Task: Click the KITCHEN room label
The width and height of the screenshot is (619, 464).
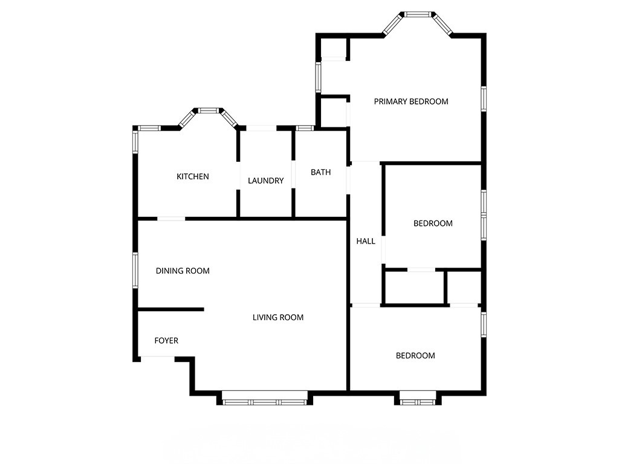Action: [x=192, y=176]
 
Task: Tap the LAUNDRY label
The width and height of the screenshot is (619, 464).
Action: [x=265, y=181]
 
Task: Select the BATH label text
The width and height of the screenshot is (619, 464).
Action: [x=320, y=172]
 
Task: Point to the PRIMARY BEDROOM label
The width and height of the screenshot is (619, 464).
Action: [x=411, y=101]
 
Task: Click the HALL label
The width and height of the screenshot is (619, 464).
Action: [x=366, y=241]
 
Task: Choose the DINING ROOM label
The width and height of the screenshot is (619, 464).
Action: [x=183, y=271]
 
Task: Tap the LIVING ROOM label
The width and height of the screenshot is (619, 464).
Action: [x=278, y=317]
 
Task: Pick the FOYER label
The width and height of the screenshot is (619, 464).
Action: [x=166, y=341]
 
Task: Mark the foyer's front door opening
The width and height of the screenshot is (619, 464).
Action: [x=158, y=358]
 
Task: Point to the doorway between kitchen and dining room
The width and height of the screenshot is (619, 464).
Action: [x=171, y=218]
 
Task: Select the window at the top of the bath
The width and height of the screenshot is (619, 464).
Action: [x=305, y=128]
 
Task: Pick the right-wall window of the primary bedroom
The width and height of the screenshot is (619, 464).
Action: [x=484, y=99]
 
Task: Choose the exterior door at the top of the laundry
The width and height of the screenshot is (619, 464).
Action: [x=261, y=128]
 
